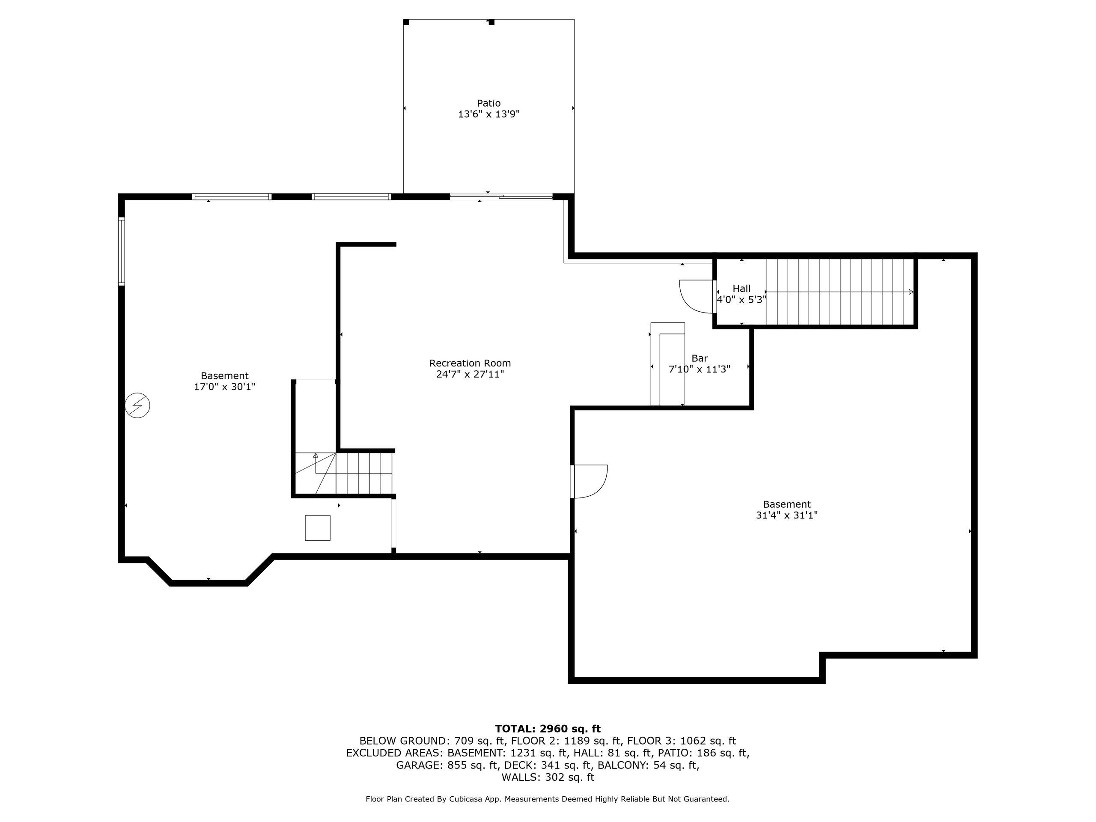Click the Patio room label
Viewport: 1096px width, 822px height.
[488, 103]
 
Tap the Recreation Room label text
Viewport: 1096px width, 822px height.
[470, 363]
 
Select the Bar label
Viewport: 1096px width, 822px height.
[700, 358]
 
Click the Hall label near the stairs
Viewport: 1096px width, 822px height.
[742, 289]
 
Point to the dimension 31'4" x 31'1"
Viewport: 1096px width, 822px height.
[787, 515]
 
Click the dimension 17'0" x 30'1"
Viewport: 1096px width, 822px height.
[224, 387]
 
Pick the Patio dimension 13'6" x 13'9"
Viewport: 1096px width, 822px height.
[488, 114]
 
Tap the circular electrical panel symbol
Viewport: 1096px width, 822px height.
[138, 405]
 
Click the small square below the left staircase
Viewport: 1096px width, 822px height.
[318, 528]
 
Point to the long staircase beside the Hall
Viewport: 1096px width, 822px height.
[840, 292]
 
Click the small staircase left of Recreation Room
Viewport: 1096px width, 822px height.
[344, 473]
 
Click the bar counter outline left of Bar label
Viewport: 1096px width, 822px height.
[667, 364]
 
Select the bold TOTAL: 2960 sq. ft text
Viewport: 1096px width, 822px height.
[548, 728]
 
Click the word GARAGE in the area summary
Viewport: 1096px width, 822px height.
[419, 765]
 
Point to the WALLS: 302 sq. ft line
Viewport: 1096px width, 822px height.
[548, 777]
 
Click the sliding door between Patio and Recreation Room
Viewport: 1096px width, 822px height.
[501, 197]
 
